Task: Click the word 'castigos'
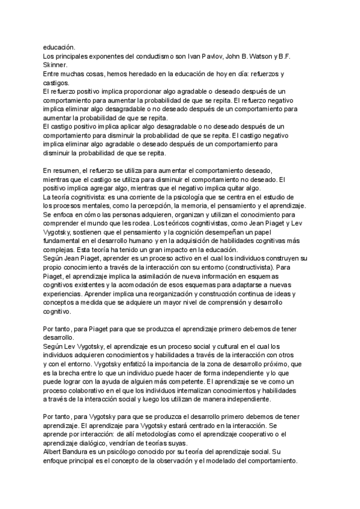pos(56,83)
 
